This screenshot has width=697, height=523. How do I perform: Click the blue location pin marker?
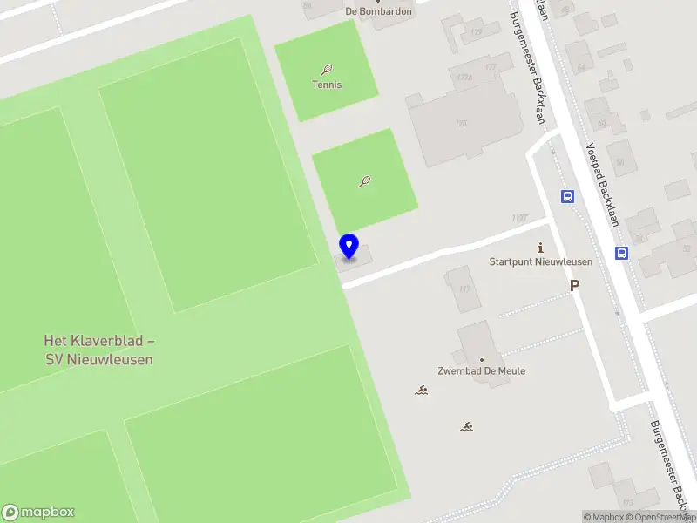pos(348,246)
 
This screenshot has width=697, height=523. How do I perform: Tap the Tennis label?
pos(327,85)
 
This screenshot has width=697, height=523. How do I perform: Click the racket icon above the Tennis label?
pos(327,69)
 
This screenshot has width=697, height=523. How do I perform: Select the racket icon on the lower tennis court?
pos(365,181)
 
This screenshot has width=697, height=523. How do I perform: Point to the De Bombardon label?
pos(377,11)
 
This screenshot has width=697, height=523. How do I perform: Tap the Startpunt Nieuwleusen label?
pos(540,261)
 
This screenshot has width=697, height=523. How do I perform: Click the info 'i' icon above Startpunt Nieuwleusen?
pos(540,248)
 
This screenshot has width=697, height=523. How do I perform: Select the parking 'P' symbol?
pos(574,285)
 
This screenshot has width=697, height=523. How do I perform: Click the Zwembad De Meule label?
pos(481,370)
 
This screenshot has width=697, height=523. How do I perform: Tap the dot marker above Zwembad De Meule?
pos(481,358)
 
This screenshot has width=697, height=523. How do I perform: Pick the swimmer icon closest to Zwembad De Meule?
pos(422,390)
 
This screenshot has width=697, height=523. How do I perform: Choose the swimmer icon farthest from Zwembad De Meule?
pos(468,426)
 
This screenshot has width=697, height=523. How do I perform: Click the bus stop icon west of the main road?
pos(567,196)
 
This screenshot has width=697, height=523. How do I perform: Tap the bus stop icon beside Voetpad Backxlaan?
pos(622,254)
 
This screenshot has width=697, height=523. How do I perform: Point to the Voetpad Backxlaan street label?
pos(602,184)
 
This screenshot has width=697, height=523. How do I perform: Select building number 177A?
pos(464,78)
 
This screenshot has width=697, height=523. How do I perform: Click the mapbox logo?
pos(38,513)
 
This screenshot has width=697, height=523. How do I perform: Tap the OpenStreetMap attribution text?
pos(661,518)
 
